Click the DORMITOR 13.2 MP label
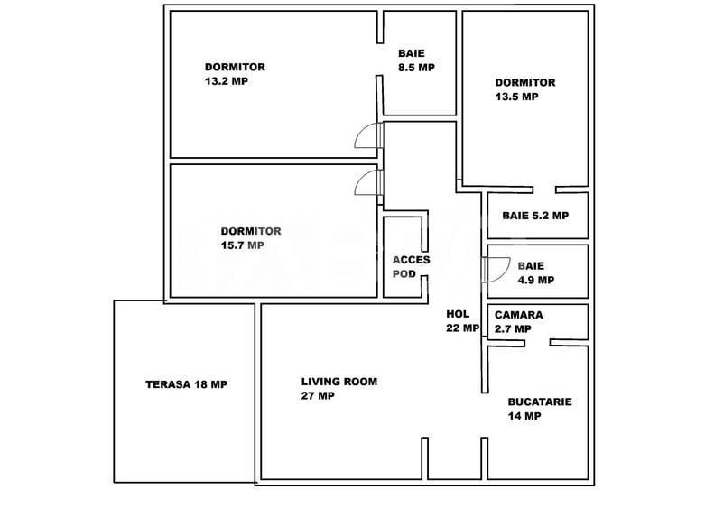(x=235, y=73)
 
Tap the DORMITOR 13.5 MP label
(x=524, y=89)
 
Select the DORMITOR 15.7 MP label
(x=250, y=237)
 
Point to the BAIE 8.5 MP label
(x=416, y=60)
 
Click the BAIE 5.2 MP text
(x=535, y=216)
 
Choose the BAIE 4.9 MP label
(x=536, y=272)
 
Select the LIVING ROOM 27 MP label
(x=339, y=388)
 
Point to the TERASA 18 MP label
(x=186, y=384)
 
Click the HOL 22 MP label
(x=462, y=321)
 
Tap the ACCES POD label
(x=411, y=266)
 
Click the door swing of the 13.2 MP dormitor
(x=368, y=136)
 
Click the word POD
(x=404, y=273)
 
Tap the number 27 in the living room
(x=309, y=395)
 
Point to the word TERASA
(x=167, y=384)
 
